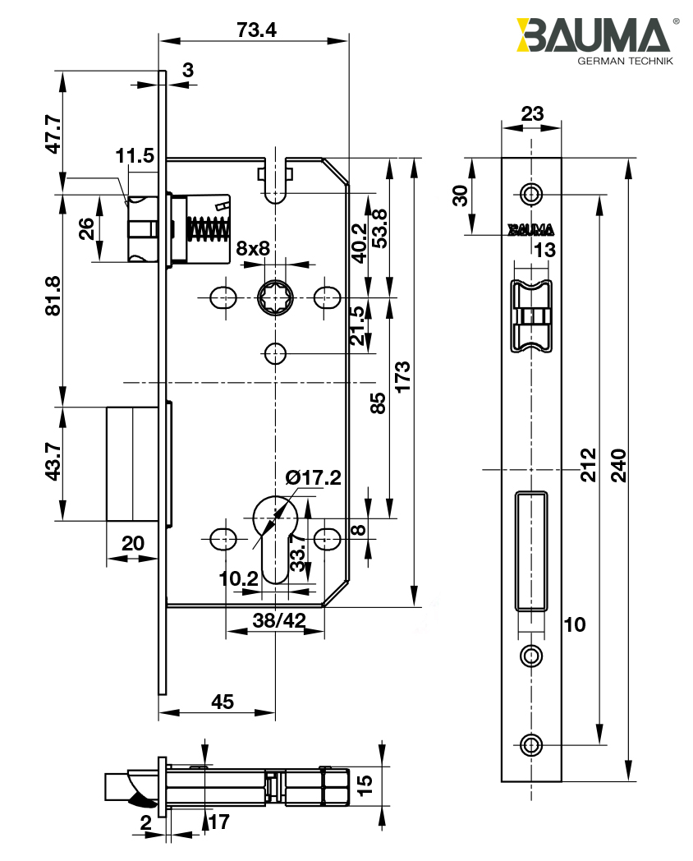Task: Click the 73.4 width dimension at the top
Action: tap(256, 30)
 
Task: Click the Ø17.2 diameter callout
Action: tap(313, 477)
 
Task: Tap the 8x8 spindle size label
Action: tap(253, 248)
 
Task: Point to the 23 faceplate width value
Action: tap(532, 113)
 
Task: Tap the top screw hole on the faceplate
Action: tap(532, 194)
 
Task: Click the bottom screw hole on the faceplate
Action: tap(532, 744)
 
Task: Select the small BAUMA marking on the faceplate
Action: tap(530, 229)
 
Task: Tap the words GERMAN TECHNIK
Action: tap(625, 62)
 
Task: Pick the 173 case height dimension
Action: tap(403, 377)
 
